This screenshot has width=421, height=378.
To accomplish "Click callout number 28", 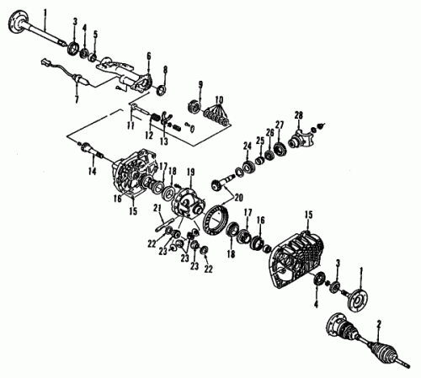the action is pos(298,115).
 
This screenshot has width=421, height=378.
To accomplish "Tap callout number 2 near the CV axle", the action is pos(379,324).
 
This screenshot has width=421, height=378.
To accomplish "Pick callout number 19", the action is pos(191,172).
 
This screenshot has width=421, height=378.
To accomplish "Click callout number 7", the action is pos(77,99).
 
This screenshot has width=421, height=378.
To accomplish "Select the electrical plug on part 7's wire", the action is pos(45,61).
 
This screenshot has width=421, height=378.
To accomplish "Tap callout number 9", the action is pos(200,84).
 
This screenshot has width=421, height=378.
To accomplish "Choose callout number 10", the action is pos(219,99).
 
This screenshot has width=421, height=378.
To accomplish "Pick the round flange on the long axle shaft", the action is pos(18,21).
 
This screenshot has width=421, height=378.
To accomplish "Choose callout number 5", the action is pos(96,35).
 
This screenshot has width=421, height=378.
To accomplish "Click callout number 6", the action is pos(149,56).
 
